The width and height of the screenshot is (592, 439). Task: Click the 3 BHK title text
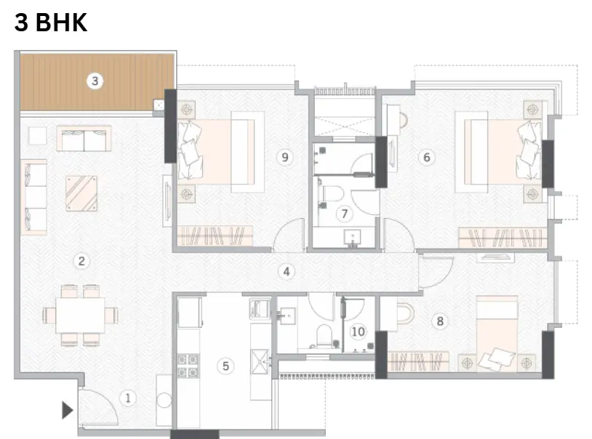click(x=51, y=22)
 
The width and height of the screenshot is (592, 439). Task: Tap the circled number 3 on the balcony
click(x=95, y=81)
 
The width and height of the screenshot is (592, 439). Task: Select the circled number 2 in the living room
click(x=81, y=261)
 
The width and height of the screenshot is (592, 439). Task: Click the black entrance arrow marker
click(x=67, y=411)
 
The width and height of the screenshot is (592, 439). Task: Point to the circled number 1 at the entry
click(x=127, y=398)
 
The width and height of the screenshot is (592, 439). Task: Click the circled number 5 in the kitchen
click(x=225, y=366)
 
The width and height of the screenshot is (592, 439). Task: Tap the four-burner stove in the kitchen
click(x=188, y=366)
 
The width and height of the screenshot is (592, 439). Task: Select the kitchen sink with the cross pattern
click(x=260, y=361)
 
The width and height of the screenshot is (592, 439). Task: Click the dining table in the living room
click(x=80, y=315)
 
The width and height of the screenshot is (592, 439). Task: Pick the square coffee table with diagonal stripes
click(x=81, y=193)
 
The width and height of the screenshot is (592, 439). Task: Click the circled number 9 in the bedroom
click(x=285, y=157)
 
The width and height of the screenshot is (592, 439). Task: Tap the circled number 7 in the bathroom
click(x=344, y=214)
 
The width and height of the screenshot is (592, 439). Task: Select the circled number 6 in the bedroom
click(x=427, y=157)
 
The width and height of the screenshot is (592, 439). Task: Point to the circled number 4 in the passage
click(x=287, y=271)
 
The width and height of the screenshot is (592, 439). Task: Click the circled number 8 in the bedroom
click(x=440, y=321)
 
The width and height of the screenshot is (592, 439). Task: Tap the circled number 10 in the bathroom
click(x=358, y=331)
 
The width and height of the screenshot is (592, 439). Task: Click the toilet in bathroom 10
click(x=324, y=336)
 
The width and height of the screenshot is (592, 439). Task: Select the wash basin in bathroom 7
click(x=352, y=238)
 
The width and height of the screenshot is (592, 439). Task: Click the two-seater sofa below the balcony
click(x=84, y=139)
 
